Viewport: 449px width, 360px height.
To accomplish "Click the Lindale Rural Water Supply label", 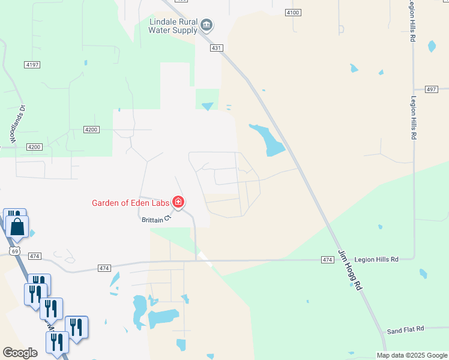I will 173,25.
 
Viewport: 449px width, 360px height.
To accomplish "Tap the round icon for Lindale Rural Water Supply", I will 207,25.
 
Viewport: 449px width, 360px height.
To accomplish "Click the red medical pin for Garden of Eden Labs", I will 178,202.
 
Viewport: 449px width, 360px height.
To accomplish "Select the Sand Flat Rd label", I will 405,329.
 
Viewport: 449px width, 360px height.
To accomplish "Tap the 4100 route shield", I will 293,12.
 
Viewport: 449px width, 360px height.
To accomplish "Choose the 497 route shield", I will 431,89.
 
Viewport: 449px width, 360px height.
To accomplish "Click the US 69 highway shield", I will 15,251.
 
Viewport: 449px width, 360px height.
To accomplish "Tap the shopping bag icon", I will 17,227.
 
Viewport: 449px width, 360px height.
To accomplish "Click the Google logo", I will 20,353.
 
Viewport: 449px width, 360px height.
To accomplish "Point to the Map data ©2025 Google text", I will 412,355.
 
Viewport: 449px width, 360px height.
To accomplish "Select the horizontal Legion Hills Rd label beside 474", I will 376,259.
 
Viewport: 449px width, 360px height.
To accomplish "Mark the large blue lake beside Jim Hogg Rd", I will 270,140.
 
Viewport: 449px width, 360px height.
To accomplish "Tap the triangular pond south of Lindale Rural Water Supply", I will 207,107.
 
